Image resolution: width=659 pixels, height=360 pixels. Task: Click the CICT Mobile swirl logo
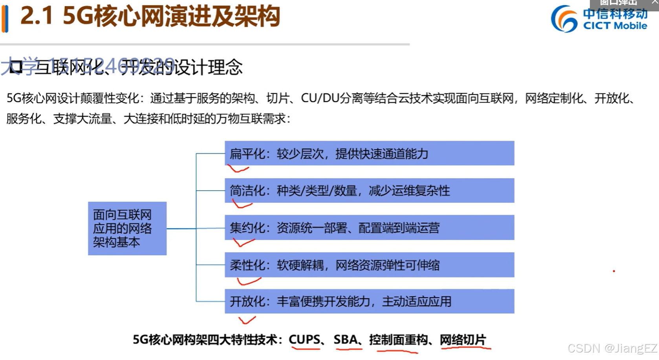pyautogui.click(x=564, y=18)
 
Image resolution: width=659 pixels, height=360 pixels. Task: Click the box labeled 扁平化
pyautogui.click(x=369, y=153)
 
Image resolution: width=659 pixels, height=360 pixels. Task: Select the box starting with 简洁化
pyautogui.click(x=369, y=191)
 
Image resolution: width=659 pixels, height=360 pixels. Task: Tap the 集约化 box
pyautogui.click(x=369, y=228)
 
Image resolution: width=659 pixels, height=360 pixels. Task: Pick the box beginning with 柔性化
pyautogui.click(x=369, y=265)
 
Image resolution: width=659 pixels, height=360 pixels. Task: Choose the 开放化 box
pyautogui.click(x=369, y=301)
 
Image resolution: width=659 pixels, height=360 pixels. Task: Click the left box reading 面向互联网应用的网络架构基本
pyautogui.click(x=127, y=228)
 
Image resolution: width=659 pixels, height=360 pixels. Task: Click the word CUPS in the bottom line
pyautogui.click(x=304, y=340)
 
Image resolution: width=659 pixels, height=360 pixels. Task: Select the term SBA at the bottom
pyautogui.click(x=346, y=340)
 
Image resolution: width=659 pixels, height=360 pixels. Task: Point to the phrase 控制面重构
pyautogui.click(x=398, y=340)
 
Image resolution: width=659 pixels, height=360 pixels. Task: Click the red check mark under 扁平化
pyautogui.click(x=238, y=169)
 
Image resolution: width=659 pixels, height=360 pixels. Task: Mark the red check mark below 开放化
pyautogui.click(x=247, y=320)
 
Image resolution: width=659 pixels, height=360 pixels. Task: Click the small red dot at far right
pyautogui.click(x=614, y=271)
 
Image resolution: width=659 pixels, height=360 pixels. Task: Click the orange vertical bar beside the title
pyautogui.click(x=5, y=18)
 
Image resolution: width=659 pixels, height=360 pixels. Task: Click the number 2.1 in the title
pyautogui.click(x=37, y=17)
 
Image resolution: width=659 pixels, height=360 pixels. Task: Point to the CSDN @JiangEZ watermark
pyautogui.click(x=612, y=349)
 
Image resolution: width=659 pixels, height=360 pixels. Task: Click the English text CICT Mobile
pyautogui.click(x=615, y=26)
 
